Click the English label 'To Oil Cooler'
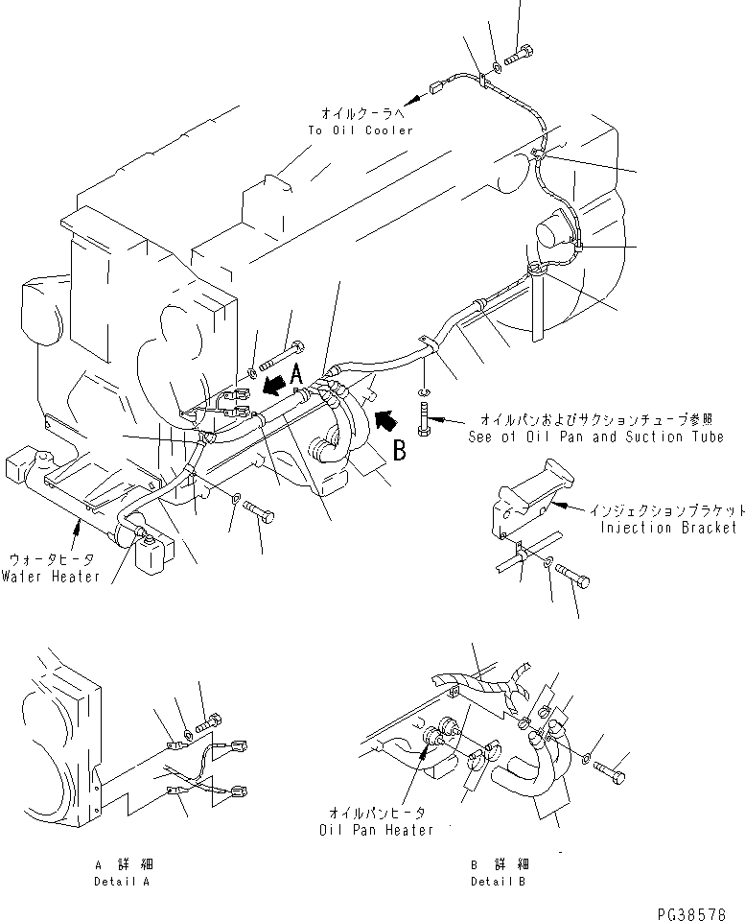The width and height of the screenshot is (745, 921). pyautogui.click(x=361, y=130)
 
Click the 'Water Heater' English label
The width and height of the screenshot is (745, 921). pyautogui.click(x=50, y=577)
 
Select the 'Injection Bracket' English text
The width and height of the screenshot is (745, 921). pyautogui.click(x=668, y=528)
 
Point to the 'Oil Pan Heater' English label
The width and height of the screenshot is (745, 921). pyautogui.click(x=377, y=830)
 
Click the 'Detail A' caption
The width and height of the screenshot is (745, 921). pyautogui.click(x=122, y=881)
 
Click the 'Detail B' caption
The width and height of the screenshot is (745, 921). pyautogui.click(x=498, y=881)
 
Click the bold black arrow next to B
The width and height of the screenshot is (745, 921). pyautogui.click(x=387, y=419)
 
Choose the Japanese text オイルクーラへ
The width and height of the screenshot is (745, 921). pyautogui.click(x=360, y=112)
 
